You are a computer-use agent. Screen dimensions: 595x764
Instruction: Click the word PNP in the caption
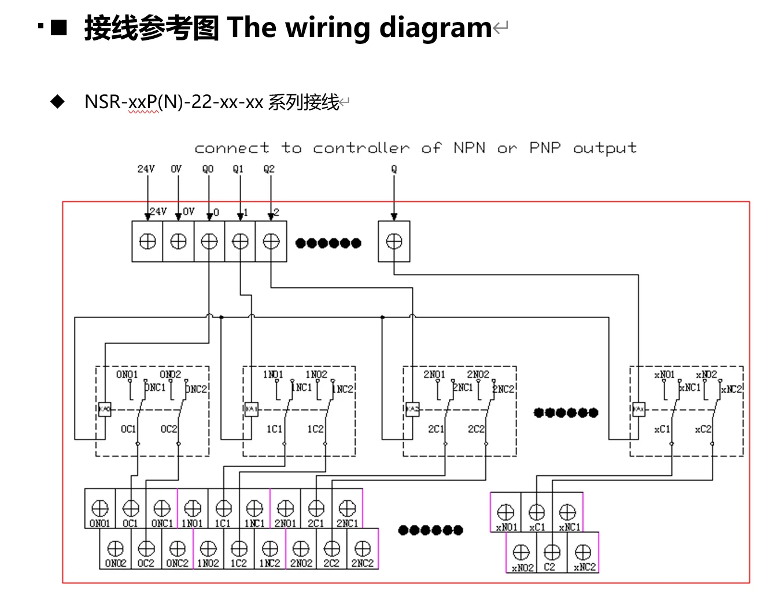coord(545,148)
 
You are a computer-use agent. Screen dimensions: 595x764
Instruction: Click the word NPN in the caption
coord(469,148)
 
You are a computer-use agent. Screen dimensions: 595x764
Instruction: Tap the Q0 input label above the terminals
coord(208,169)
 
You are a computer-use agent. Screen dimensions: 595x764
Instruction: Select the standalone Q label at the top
coord(394,169)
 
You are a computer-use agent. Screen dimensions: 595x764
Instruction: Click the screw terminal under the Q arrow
coord(394,242)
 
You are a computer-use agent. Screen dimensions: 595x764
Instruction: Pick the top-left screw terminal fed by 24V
coord(147,242)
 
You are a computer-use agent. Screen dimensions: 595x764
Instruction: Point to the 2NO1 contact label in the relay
coord(434,375)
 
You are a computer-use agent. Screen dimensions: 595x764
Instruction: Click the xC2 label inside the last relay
coord(703,429)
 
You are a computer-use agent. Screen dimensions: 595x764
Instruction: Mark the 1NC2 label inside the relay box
coord(344,389)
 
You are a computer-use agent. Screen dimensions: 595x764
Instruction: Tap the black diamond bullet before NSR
coord(58,102)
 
